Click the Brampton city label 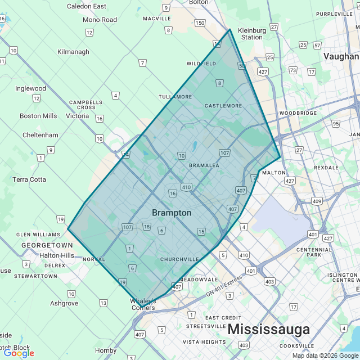[172, 213]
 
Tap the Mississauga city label [268, 329]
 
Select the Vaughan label [341, 56]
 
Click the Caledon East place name [87, 6]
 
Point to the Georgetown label [47, 246]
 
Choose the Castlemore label [223, 106]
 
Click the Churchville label [179, 259]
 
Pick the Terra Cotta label [29, 179]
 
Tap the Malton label [274, 173]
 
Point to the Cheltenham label [40, 136]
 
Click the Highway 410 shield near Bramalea [186, 187]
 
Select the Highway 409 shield [317, 201]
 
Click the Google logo [18, 353]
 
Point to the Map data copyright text [325, 355]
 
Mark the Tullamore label [175, 97]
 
